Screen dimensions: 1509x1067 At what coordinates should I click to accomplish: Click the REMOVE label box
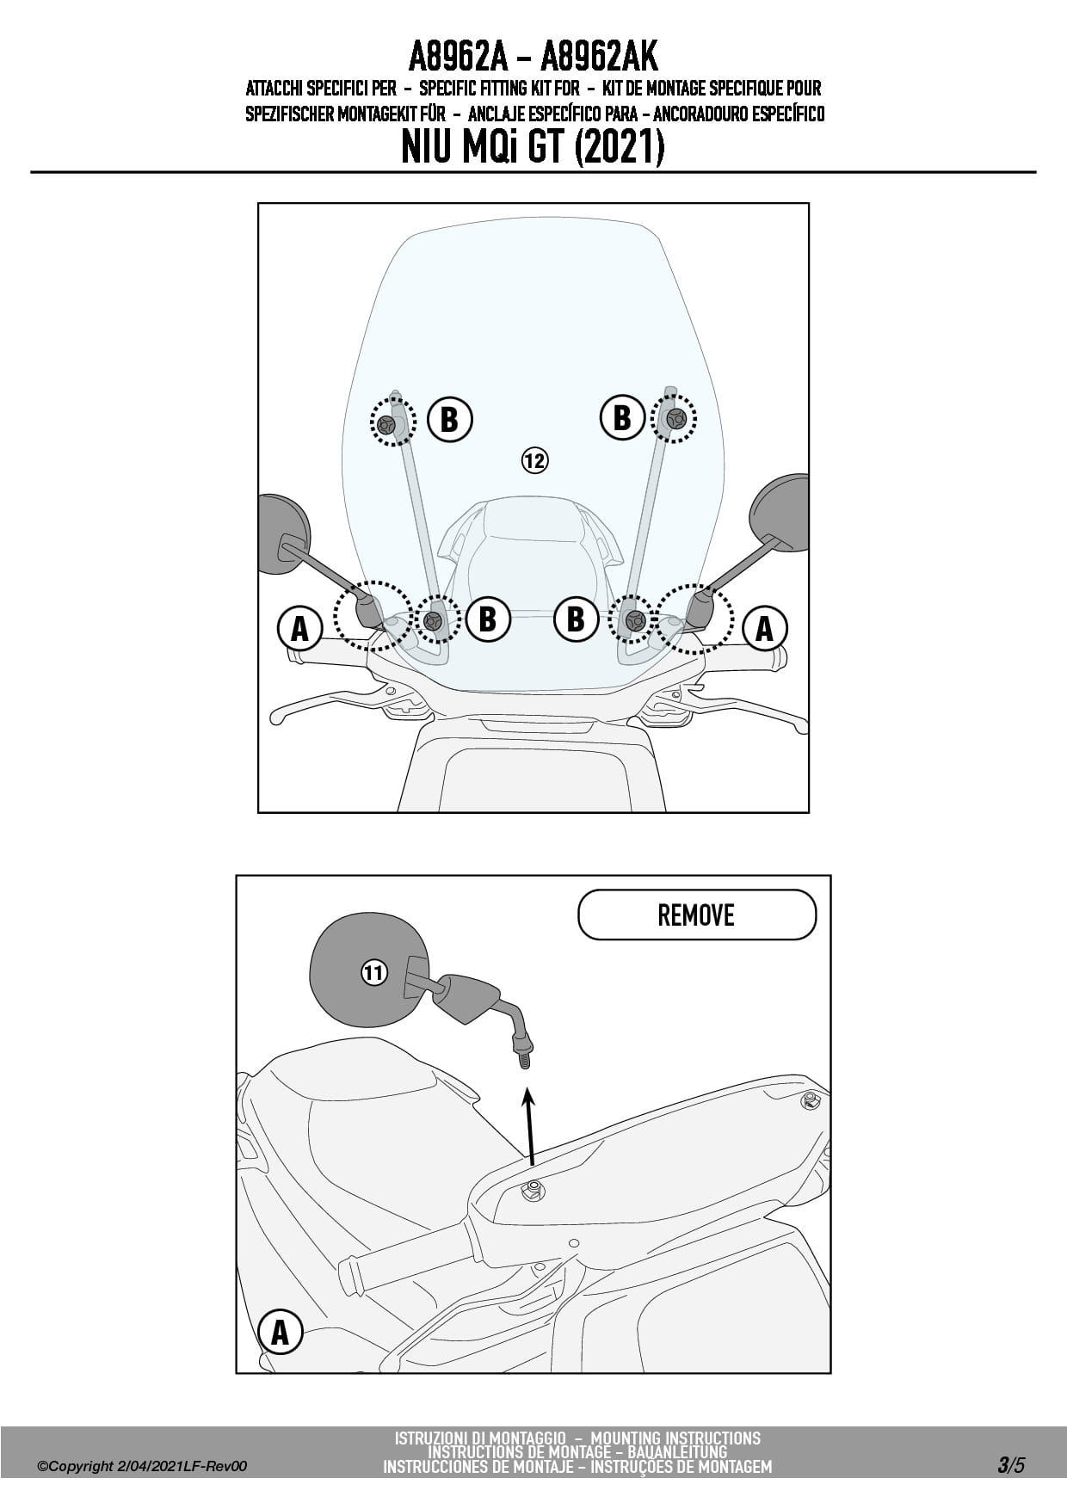(x=696, y=915)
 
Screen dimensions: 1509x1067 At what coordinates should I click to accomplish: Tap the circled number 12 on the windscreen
(x=534, y=461)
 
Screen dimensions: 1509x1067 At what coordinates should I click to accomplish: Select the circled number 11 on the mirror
(x=373, y=973)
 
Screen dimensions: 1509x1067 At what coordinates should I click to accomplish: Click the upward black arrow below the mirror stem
(x=530, y=1127)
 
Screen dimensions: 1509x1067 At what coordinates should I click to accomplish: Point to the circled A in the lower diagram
(x=280, y=1332)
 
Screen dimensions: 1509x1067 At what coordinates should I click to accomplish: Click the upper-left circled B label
(x=448, y=420)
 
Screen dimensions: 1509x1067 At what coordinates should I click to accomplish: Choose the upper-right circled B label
(x=621, y=418)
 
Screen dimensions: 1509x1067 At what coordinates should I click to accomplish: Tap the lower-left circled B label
(x=487, y=619)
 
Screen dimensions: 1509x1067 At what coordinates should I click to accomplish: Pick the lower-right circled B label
(x=576, y=619)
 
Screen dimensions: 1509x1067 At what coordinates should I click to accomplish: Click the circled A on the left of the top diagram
(x=299, y=628)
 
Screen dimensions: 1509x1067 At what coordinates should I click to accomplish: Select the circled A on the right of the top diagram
(x=764, y=628)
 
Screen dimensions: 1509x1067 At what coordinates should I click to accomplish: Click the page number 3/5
(x=1011, y=1466)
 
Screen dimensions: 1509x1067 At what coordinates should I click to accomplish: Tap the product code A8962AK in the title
(x=599, y=58)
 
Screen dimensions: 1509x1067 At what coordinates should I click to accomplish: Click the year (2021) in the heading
(x=619, y=148)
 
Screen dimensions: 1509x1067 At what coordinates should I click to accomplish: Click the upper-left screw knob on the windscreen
(x=386, y=423)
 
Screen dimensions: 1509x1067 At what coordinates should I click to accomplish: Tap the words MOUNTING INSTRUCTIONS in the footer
(x=675, y=1438)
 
